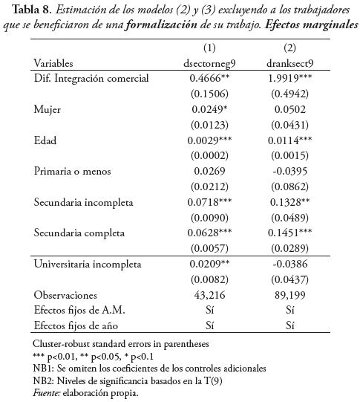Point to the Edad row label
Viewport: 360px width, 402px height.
pyautogui.click(x=47, y=140)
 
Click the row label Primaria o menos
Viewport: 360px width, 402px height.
pyautogui.click(x=72, y=171)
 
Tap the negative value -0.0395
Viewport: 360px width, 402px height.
pyautogui.click(x=290, y=171)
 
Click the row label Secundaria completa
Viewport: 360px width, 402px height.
pyautogui.click(x=79, y=233)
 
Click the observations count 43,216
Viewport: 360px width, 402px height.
pyautogui.click(x=210, y=295)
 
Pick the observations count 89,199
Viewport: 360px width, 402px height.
pyautogui.click(x=291, y=295)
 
